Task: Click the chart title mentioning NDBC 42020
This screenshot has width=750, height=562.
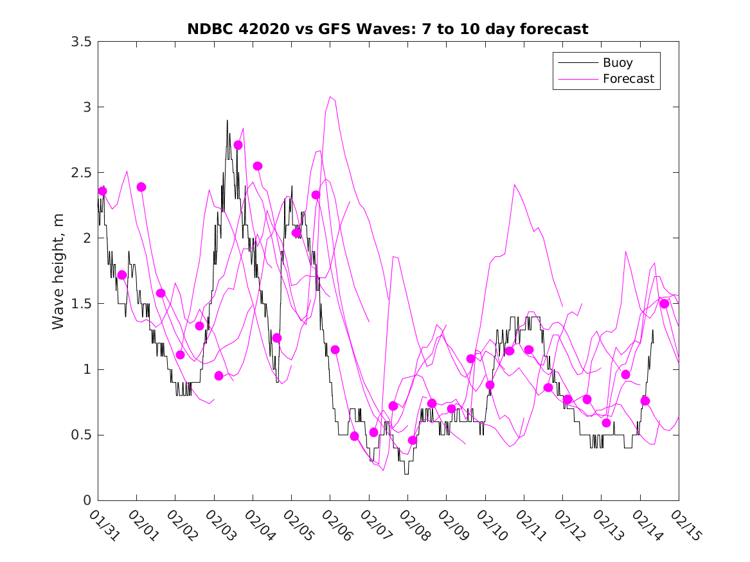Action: pos(388,29)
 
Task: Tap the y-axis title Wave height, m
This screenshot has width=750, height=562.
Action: pos(58,271)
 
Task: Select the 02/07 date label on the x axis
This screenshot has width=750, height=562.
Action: pos(372,522)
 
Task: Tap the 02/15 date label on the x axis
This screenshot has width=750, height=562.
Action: pos(682,522)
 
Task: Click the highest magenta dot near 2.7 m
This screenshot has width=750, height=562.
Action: pos(238,145)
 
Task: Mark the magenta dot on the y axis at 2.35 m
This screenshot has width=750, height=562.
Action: pos(102,191)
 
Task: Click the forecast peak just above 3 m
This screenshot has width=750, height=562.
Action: pos(330,97)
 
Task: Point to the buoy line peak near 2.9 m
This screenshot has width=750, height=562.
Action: pos(227,120)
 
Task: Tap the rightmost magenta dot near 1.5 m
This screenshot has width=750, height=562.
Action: pos(664,304)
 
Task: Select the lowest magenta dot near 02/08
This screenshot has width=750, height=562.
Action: pos(413,441)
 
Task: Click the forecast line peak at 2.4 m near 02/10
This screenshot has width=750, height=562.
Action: pos(515,185)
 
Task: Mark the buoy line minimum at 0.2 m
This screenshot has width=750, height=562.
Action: pos(406,473)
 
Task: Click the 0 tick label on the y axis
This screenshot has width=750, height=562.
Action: pos(85,500)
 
